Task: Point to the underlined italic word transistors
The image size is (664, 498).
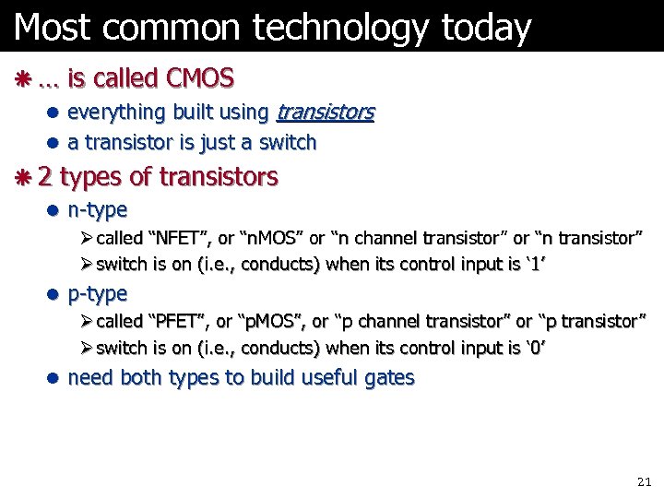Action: point(326,113)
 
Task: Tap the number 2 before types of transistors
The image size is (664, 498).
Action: point(45,176)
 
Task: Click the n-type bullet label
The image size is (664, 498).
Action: point(98,210)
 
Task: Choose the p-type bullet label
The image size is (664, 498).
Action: point(98,294)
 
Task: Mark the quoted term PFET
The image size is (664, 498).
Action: point(178,321)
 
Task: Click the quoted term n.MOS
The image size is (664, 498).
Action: point(272,238)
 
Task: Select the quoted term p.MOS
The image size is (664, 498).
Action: point(273,321)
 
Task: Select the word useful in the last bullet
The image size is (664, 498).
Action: point(325,377)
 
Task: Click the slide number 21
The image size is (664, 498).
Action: point(644,482)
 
